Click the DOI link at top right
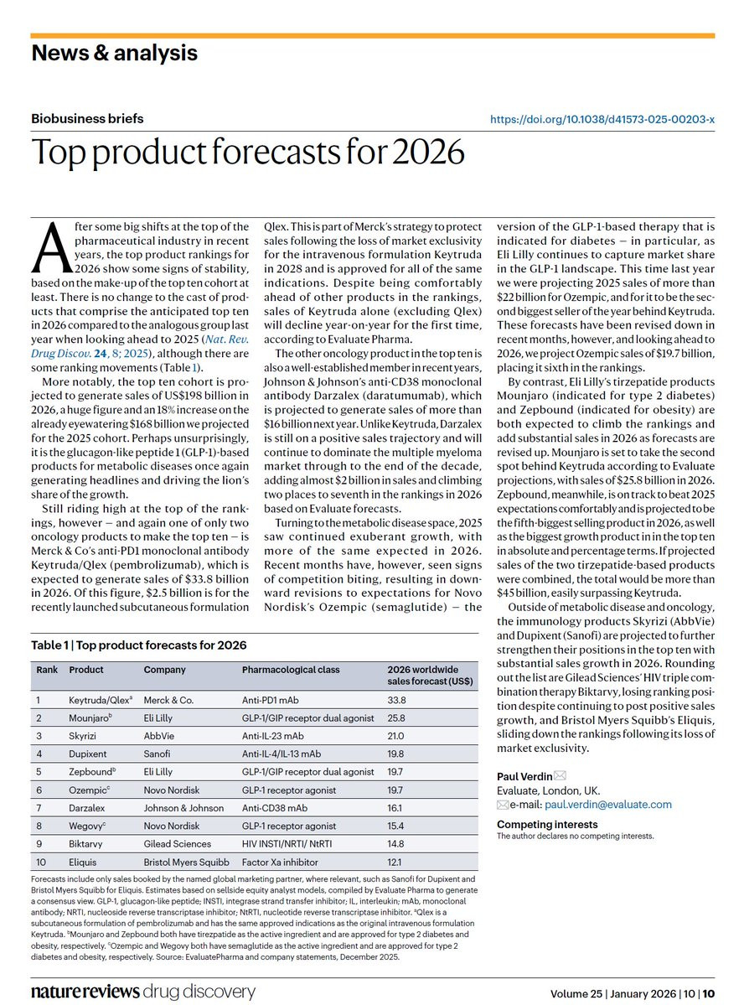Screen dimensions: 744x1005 pyautogui.click(x=602, y=119)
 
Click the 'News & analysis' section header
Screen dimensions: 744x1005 pyautogui.click(x=114, y=53)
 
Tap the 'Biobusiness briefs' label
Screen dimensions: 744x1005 pyautogui.click(x=87, y=118)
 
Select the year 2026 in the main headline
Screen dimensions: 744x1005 pyautogui.click(x=428, y=152)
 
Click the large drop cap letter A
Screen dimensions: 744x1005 pyautogui.click(x=50, y=246)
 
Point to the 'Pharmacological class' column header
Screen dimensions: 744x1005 pyautogui.click(x=290, y=670)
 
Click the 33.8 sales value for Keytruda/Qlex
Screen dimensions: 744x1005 pyautogui.click(x=395, y=700)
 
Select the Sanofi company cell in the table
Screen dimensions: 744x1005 pyautogui.click(x=157, y=754)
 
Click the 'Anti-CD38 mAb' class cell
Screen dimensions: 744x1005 pyautogui.click(x=274, y=807)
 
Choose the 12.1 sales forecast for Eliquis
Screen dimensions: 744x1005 pyautogui.click(x=395, y=862)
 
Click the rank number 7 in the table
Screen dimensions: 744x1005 pyautogui.click(x=39, y=807)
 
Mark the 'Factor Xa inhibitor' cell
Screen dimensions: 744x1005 pyautogui.click(x=279, y=862)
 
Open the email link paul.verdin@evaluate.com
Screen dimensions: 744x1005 pyautogui.click(x=608, y=805)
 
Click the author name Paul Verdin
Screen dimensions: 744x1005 pyautogui.click(x=524, y=776)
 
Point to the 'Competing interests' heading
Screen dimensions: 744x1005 pyautogui.click(x=546, y=824)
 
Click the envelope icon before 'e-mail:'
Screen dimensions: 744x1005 pyautogui.click(x=503, y=805)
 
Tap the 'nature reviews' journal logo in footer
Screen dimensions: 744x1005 pyautogui.click(x=85, y=992)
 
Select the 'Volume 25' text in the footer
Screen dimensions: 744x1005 pyautogui.click(x=576, y=993)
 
